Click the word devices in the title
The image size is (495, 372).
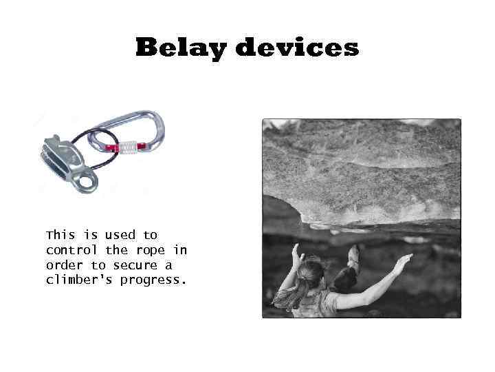coord(297,48)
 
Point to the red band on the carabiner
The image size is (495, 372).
coord(142,146)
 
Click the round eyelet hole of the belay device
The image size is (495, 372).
coord(87,183)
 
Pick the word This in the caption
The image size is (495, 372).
coord(61,235)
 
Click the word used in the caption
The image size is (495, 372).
coord(120,235)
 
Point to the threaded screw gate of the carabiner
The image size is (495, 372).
coord(126,147)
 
